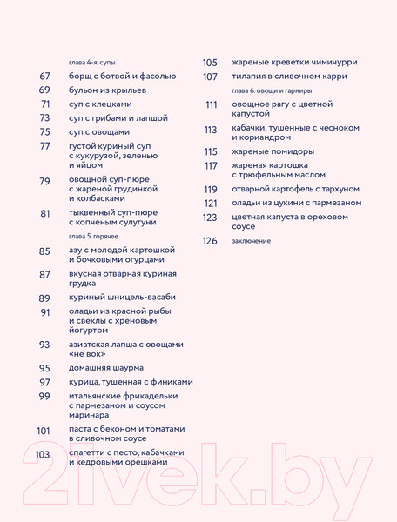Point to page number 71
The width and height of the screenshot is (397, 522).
point(44,104)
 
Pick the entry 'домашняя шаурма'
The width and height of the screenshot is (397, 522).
point(109,367)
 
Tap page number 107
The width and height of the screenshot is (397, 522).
point(210,77)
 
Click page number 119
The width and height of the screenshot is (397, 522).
point(210,189)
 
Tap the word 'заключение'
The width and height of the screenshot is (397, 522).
point(252,241)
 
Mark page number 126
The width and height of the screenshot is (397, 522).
point(209,241)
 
